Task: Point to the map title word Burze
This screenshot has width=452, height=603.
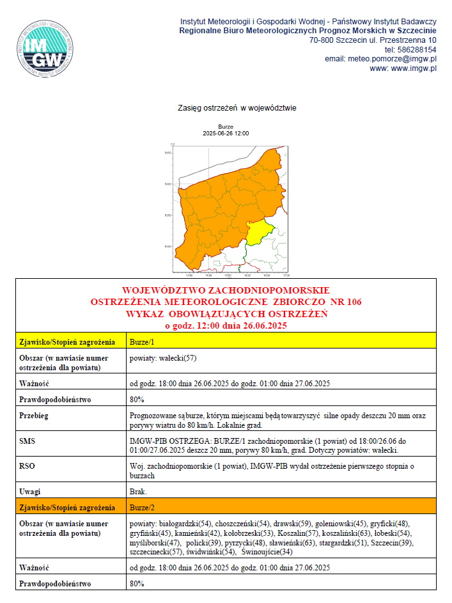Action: (x=226, y=127)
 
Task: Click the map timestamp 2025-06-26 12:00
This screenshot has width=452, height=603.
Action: (x=226, y=134)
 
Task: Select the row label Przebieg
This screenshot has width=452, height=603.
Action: (x=35, y=415)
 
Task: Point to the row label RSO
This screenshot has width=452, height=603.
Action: (x=29, y=466)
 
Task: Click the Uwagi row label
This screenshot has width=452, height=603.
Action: (x=31, y=491)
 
